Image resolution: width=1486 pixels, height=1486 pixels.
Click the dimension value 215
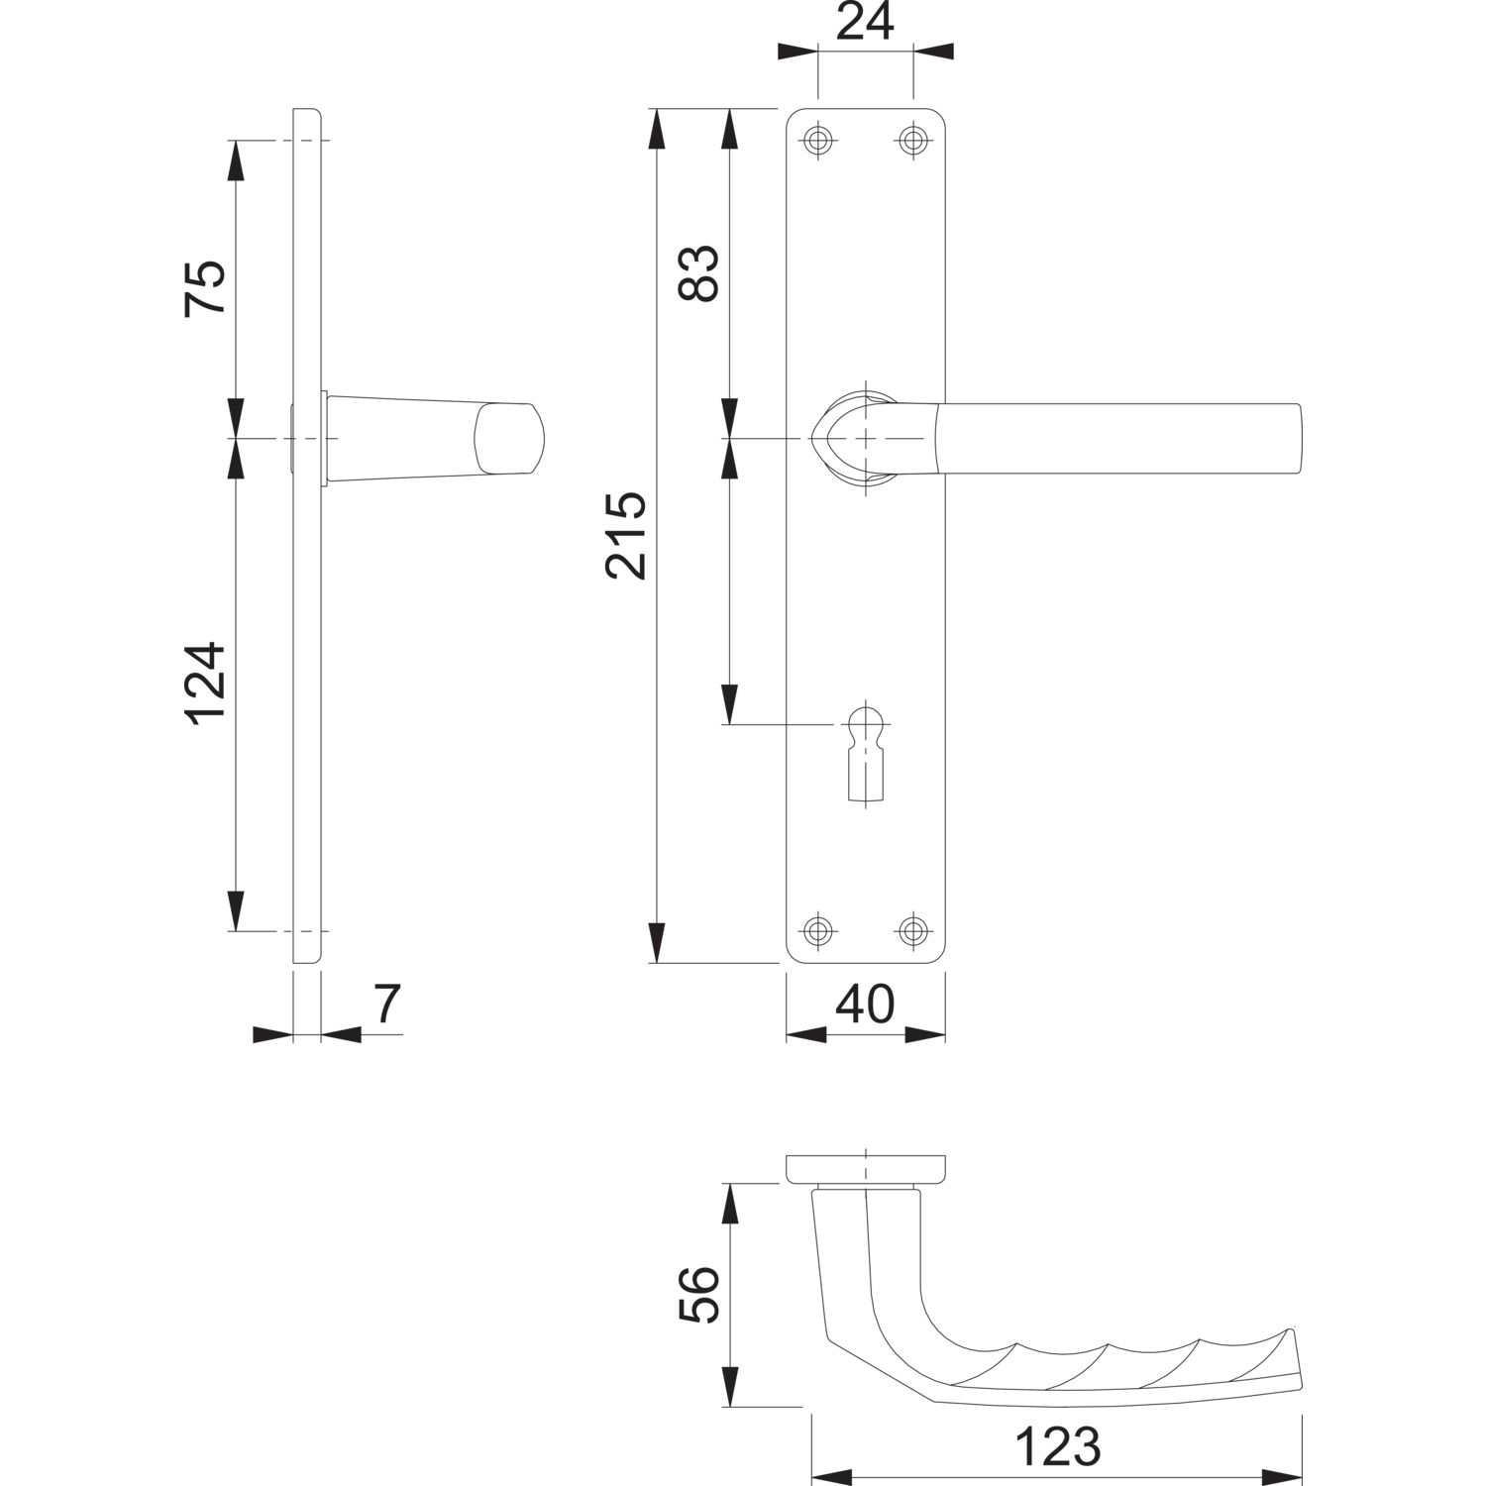coord(626,534)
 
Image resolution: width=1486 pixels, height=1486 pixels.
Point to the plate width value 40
coord(865,1005)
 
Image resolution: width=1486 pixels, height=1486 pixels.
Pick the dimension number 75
coord(205,288)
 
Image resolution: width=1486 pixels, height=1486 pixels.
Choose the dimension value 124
coord(205,684)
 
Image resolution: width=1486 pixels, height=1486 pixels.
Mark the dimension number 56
coord(699,1294)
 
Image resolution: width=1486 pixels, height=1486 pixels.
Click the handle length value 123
coord(1057,1447)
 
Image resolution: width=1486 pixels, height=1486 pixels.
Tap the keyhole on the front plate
coord(865,752)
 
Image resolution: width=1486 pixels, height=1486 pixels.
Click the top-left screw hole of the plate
coord(816,140)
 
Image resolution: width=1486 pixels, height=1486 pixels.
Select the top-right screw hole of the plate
coord(912,140)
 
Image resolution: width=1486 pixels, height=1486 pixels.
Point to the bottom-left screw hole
coord(816,929)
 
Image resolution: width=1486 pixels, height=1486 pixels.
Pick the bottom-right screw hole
coord(912,929)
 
